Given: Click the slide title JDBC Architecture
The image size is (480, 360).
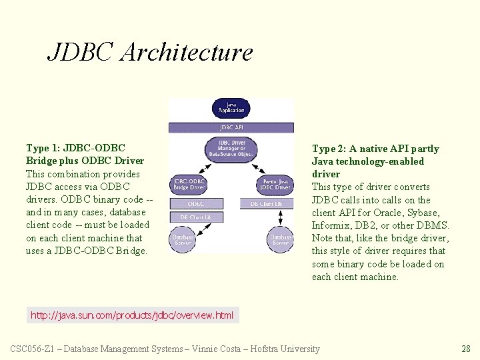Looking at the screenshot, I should [150, 52].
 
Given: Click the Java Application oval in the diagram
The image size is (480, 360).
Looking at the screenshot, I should [231, 109].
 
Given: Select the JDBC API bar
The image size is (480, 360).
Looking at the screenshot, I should [231, 127].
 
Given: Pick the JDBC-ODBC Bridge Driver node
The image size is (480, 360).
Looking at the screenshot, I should [189, 184].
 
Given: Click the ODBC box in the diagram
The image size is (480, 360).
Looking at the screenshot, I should [196, 203].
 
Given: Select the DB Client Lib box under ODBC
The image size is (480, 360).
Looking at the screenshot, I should [196, 217].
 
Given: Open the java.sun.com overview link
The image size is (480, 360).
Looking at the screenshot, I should [132, 315].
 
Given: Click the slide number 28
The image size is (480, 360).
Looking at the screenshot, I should [466, 349].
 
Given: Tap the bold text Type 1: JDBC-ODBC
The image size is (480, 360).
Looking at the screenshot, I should [75, 148].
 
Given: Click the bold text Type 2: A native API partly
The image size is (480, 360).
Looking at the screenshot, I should [375, 149].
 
